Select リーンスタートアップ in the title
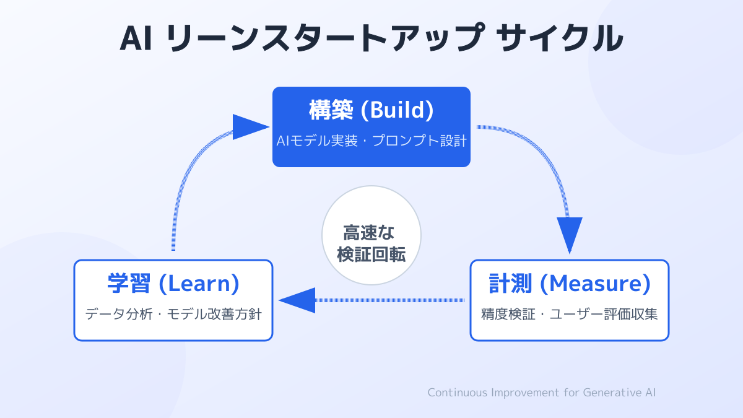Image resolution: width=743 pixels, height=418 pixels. click(x=323, y=38)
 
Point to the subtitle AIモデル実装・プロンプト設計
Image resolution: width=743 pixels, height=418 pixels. click(x=371, y=141)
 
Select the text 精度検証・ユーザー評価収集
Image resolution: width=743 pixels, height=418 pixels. click(x=569, y=314)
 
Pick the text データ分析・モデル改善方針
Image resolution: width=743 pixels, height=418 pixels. click(x=173, y=314)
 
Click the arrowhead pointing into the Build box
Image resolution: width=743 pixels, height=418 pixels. click(x=251, y=127)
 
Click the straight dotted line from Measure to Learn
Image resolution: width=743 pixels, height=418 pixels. click(x=390, y=300)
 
